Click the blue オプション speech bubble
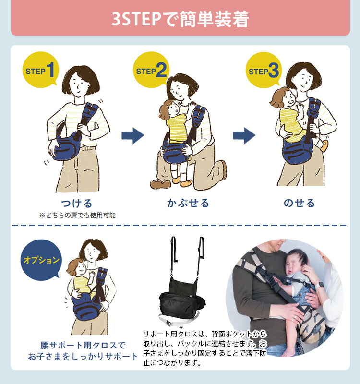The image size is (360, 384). (x=42, y=261)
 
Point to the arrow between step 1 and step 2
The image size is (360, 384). (x=132, y=136)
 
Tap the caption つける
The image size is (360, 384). (x=77, y=203)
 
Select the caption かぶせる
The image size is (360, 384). (x=188, y=203)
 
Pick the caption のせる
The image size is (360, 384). (x=299, y=203)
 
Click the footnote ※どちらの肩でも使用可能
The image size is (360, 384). (x=77, y=216)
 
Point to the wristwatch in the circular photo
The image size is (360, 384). (x=320, y=284)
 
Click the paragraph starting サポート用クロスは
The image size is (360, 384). (x=204, y=348)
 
